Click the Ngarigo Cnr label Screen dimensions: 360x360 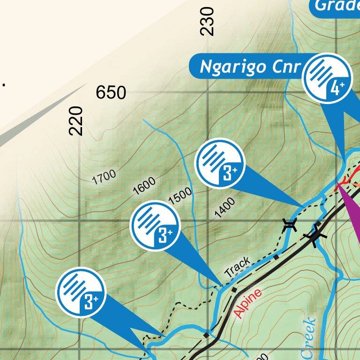(249, 67)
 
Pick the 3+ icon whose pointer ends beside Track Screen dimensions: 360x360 (155, 225)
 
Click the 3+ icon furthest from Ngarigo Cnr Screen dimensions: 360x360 (81, 292)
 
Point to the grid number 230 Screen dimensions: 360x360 (207, 22)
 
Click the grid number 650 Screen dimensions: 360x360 (111, 93)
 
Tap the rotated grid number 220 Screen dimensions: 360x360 (76, 121)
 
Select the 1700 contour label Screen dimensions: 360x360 (104, 177)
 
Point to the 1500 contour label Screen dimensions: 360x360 (180, 196)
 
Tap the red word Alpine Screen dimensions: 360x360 (248, 303)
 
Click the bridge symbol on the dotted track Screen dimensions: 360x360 (290, 225)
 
